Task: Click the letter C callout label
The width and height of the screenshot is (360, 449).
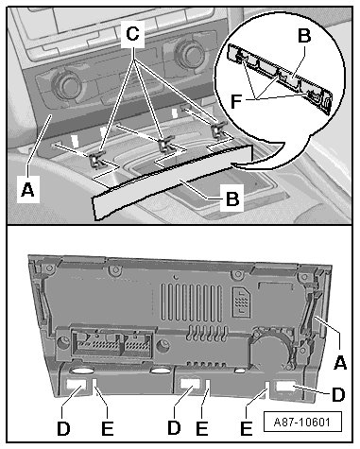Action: click(x=132, y=33)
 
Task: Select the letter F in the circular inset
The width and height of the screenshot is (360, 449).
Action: click(x=236, y=101)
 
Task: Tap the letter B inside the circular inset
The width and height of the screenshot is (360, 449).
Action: click(x=304, y=36)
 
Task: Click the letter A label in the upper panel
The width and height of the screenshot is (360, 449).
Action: click(x=27, y=190)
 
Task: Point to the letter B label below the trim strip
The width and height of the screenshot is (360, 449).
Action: click(x=232, y=199)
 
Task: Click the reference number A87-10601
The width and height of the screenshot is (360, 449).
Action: click(x=302, y=422)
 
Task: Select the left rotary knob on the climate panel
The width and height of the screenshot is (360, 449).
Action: click(x=67, y=84)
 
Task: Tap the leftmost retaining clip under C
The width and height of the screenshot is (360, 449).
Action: click(x=96, y=159)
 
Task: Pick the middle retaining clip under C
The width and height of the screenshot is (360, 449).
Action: click(x=164, y=145)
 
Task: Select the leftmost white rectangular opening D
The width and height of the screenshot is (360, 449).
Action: click(x=77, y=384)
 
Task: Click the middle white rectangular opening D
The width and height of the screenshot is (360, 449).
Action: click(x=190, y=384)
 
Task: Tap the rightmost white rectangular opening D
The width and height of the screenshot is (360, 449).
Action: click(x=286, y=387)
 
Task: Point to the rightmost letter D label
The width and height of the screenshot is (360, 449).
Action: click(x=338, y=395)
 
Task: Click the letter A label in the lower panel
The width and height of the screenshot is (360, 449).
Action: click(x=340, y=362)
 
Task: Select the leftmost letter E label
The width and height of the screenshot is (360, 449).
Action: click(x=108, y=428)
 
